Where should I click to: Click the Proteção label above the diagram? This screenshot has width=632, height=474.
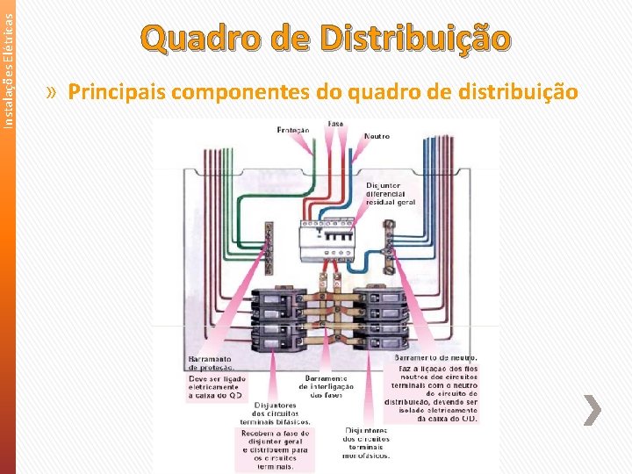point(293,130)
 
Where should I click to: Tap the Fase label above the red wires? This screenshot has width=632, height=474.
point(335,124)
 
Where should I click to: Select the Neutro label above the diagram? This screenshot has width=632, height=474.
point(377,137)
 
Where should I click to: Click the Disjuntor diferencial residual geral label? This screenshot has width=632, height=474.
point(391,193)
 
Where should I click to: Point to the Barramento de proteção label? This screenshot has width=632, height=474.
point(209,363)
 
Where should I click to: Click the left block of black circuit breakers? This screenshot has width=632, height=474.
point(278,315)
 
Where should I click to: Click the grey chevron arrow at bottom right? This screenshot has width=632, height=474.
point(592,411)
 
